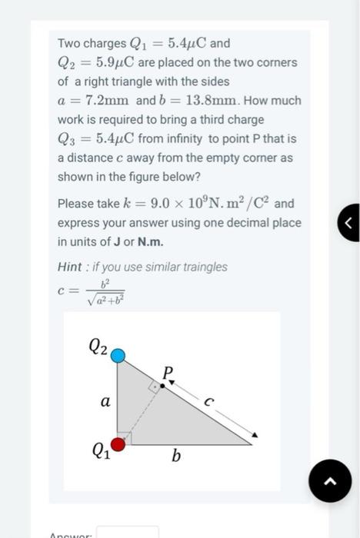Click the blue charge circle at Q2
click(x=118, y=355)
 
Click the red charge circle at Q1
click(x=118, y=444)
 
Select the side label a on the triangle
click(x=105, y=401)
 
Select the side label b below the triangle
click(x=176, y=457)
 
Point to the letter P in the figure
click(x=168, y=372)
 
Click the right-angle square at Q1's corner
click(x=125, y=438)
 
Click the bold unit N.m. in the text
click(x=150, y=241)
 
